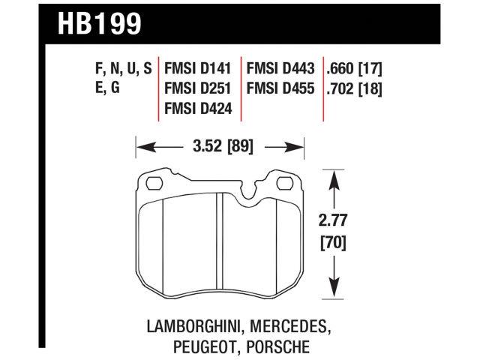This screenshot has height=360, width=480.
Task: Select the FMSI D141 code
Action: tap(198, 69)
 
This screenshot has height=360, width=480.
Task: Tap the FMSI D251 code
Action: tap(198, 89)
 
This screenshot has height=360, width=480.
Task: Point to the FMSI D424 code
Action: tap(198, 109)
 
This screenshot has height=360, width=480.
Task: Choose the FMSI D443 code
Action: tap(280, 69)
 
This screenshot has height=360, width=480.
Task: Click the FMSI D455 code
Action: tap(280, 89)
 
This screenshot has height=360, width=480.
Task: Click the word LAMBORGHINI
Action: tap(194, 327)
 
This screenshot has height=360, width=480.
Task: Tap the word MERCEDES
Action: tap(292, 327)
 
